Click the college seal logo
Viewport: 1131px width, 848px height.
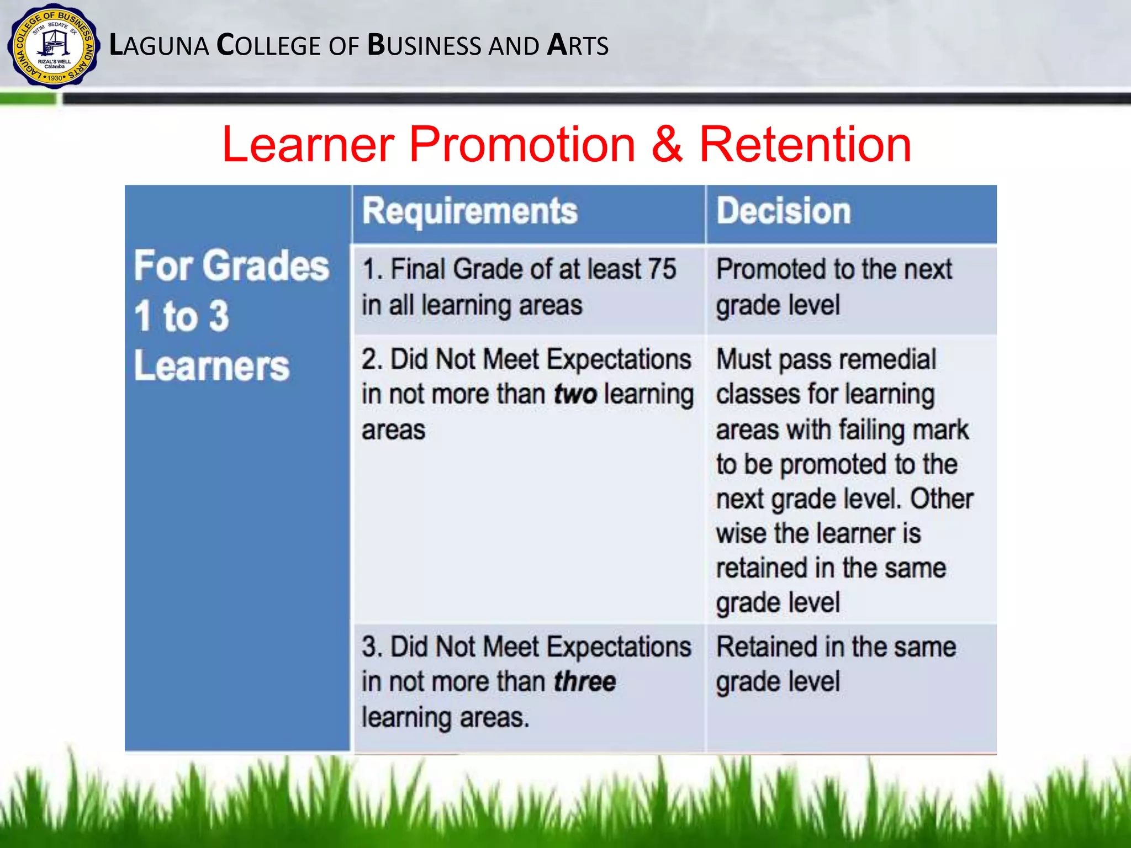pos(54,46)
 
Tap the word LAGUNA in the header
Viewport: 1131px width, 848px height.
pos(159,45)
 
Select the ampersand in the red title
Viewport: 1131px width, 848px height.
pos(667,145)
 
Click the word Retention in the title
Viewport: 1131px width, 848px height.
pos(805,145)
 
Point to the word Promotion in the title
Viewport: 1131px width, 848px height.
pos(522,145)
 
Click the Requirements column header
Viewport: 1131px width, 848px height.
pos(469,211)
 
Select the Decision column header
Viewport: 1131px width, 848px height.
pos(783,211)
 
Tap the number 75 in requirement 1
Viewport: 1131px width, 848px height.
pos(662,269)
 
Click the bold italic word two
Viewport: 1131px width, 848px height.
pos(575,395)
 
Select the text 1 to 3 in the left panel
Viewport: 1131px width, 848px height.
pos(181,316)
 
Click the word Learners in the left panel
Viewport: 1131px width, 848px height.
pos(212,366)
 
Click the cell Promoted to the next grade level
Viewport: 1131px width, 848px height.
pos(834,287)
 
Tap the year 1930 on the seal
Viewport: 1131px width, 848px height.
pos(55,78)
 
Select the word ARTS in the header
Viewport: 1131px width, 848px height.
pos(578,45)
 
